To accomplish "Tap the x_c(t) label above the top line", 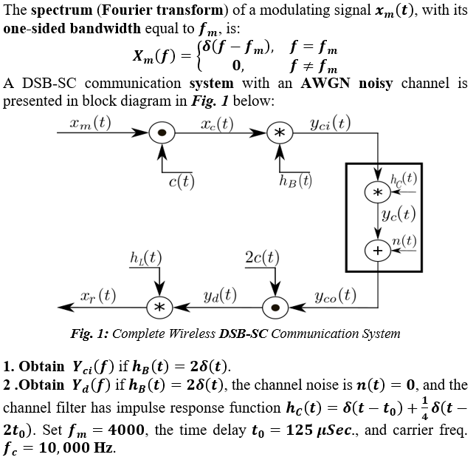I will [x=217, y=123].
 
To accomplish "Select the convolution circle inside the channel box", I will [x=377, y=192].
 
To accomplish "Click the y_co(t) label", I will [x=336, y=296].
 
